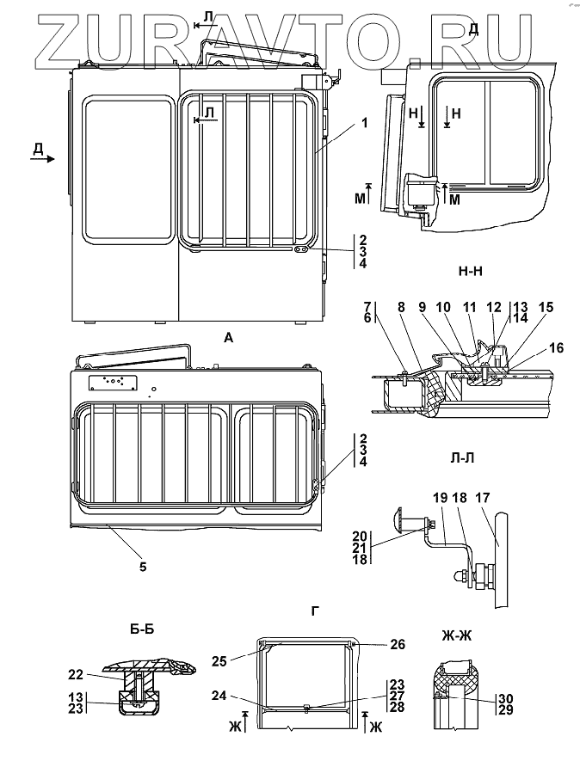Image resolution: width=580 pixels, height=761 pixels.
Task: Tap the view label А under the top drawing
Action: [x=228, y=338]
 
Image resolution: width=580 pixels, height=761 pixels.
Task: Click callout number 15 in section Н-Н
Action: [x=546, y=307]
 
